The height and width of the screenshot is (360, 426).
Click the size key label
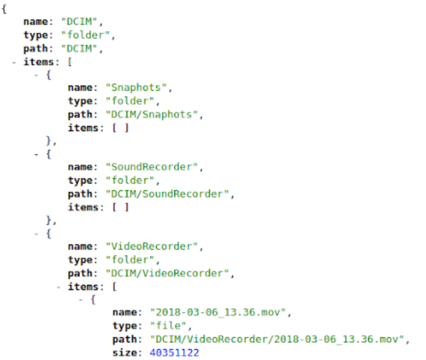[x=127, y=353]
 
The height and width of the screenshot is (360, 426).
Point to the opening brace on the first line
[x=6, y=9]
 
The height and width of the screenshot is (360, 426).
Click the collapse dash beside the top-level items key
[x=13, y=61]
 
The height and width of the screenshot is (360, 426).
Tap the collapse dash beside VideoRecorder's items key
[x=59, y=287]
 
